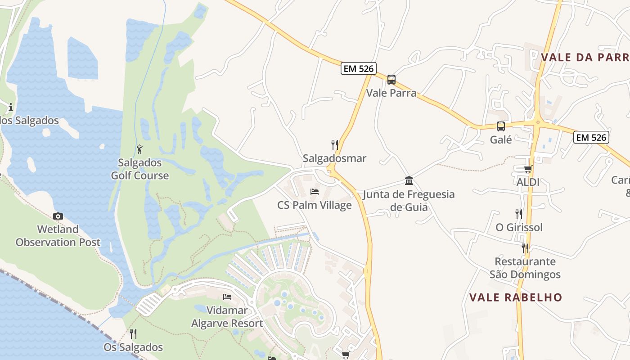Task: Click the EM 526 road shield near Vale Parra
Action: tap(358, 68)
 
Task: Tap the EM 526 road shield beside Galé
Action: tap(591, 137)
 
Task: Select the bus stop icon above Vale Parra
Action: tap(391, 80)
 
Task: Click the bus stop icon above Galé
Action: tap(501, 126)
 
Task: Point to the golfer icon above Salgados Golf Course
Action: tap(140, 149)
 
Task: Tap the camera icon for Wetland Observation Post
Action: tap(58, 216)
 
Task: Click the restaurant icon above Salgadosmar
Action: tap(334, 145)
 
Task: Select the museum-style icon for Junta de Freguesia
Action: tap(409, 181)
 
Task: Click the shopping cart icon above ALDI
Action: tap(528, 169)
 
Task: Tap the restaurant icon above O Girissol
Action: tap(519, 214)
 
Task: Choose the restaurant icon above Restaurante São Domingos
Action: tap(525, 248)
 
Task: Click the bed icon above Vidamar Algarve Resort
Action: tap(227, 297)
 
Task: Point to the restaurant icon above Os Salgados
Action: tap(133, 334)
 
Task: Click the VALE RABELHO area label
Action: tap(516, 297)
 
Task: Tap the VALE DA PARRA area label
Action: tap(585, 57)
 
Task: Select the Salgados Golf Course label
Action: tap(140, 169)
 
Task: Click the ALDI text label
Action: tap(528, 182)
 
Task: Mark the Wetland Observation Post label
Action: tap(58, 236)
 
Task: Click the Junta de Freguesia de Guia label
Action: tap(409, 201)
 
